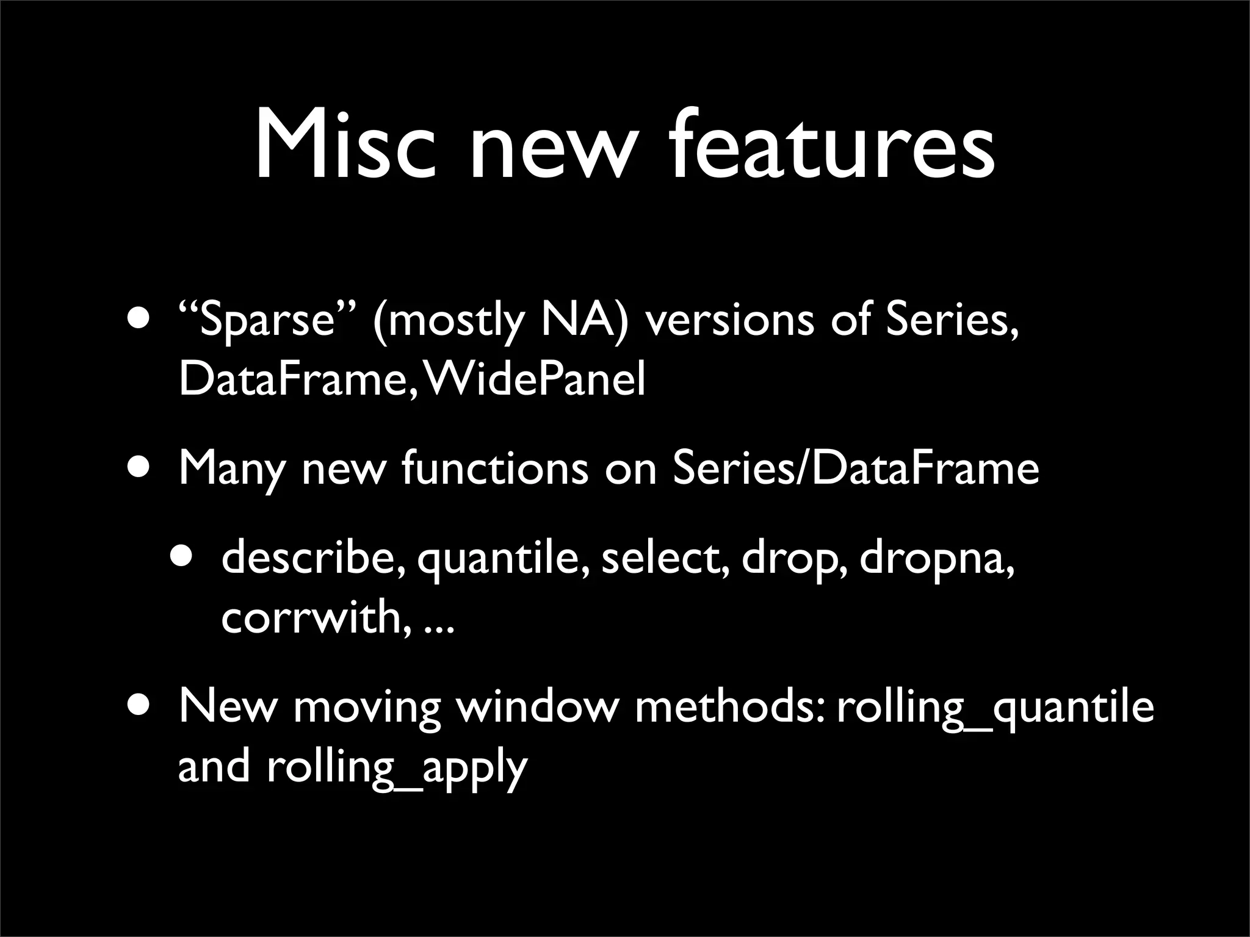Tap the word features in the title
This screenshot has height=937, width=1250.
(x=833, y=146)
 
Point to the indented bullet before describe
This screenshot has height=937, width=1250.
(x=182, y=556)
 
